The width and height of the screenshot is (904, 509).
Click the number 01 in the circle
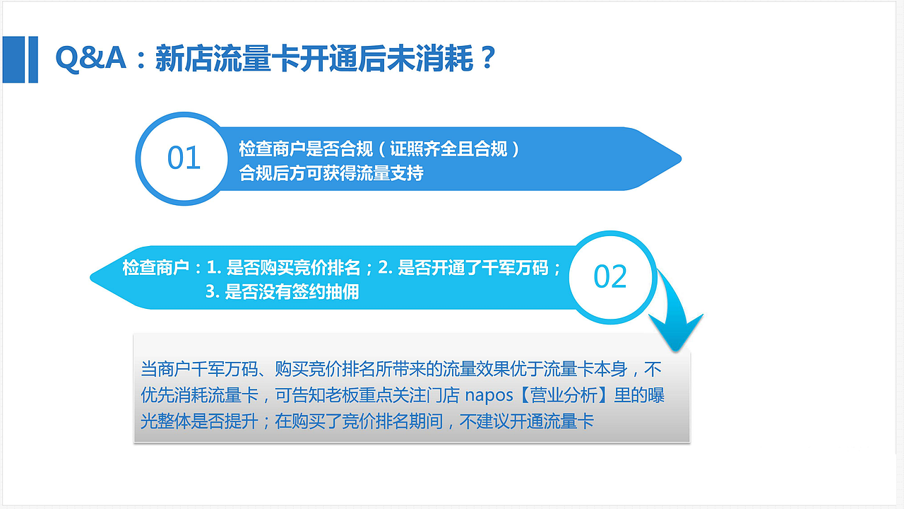[x=184, y=158]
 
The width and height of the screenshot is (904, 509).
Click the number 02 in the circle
[x=610, y=276]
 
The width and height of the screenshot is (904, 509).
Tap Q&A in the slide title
[x=90, y=59]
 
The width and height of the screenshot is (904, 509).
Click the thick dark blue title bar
[x=30, y=59]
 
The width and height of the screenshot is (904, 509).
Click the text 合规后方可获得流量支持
[x=331, y=173]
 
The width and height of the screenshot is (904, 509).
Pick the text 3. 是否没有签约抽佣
[x=282, y=291]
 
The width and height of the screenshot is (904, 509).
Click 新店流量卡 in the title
[x=213, y=59]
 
